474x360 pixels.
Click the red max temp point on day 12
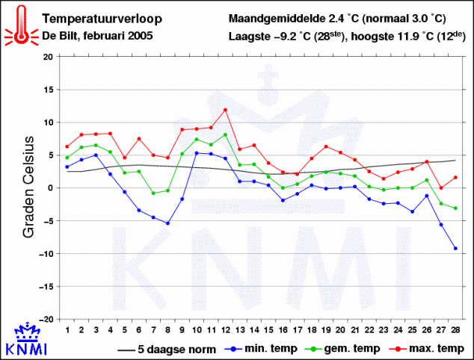point(225,110)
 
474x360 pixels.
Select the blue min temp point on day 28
point(455,248)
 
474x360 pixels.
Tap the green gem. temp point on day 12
point(225,134)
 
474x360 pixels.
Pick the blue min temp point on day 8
point(167,223)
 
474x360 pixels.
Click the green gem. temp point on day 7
point(153,193)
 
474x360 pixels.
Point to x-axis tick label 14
point(254,329)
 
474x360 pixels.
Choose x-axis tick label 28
point(455,329)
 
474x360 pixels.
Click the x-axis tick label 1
point(67,329)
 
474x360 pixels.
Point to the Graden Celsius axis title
point(29,186)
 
